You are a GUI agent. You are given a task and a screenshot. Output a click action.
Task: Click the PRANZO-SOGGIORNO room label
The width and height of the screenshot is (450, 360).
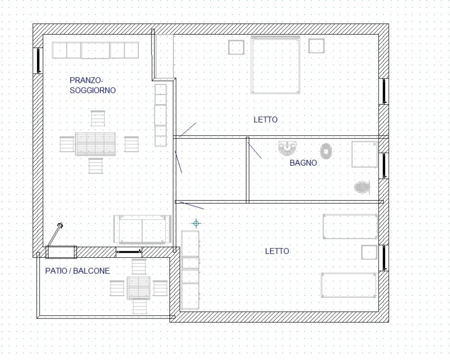(x=93, y=85)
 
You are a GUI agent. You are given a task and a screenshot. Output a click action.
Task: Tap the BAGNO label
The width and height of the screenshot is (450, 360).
(x=303, y=163)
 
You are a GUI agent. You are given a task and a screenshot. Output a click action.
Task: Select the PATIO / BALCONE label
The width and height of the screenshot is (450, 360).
(x=77, y=271)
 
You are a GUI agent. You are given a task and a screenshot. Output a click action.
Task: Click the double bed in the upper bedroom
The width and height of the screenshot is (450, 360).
(x=276, y=65)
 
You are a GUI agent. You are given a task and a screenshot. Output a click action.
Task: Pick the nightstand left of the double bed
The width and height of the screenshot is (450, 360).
(x=236, y=47)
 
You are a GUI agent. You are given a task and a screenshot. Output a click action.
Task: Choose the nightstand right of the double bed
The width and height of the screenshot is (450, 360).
(x=317, y=46)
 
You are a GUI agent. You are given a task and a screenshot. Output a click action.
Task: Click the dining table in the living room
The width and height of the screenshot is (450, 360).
(x=95, y=144)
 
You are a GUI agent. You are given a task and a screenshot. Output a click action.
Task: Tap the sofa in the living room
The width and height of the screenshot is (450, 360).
(x=142, y=229)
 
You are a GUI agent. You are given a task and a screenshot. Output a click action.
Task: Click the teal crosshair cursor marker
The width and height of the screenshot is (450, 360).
(x=196, y=223)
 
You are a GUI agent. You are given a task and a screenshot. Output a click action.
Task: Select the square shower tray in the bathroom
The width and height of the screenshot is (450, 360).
(x=364, y=154)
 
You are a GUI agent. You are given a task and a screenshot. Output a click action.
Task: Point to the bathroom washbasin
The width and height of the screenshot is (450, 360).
(x=287, y=148)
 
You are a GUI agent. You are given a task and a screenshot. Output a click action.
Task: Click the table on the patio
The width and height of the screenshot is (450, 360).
(x=139, y=287)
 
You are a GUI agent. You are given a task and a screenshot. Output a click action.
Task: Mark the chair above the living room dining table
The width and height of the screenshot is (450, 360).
(x=98, y=118)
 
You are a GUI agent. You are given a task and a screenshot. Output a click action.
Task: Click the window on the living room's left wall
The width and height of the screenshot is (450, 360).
(x=38, y=60)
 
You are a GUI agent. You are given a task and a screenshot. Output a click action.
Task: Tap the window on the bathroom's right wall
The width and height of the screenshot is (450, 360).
(x=384, y=166)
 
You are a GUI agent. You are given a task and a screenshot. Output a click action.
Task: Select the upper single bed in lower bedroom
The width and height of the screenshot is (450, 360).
(x=350, y=226)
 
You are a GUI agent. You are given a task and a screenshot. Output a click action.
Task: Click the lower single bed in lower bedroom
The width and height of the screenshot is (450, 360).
(x=348, y=285)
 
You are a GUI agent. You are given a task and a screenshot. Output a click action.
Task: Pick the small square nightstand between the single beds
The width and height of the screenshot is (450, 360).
(x=369, y=252)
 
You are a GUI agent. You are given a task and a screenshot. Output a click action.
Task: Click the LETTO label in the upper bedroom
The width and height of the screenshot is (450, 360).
(x=265, y=119)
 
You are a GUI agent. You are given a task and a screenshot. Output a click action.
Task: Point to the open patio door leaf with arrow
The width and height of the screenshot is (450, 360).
(x=55, y=234)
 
